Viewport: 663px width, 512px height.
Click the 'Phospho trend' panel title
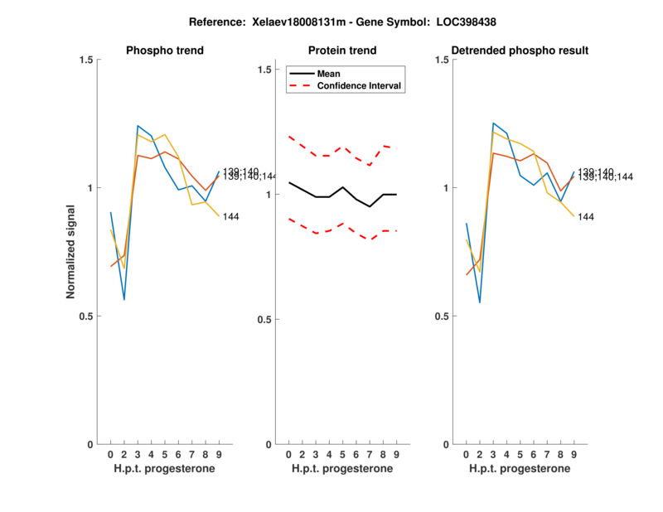(164, 51)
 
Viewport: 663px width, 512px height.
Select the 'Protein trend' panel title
(342, 51)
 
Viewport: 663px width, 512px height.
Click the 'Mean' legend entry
(328, 74)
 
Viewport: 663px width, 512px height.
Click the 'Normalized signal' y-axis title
(73, 252)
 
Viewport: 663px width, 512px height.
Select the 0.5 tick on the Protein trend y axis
(265, 320)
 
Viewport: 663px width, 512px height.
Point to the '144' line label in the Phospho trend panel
(231, 216)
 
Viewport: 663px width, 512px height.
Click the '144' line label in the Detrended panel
(587, 217)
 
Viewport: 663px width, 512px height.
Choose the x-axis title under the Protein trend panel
(342, 469)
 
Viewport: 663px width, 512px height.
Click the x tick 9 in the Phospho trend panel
(219, 455)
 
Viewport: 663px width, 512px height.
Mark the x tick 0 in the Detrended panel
(467, 455)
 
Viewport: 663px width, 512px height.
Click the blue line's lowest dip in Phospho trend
(123, 299)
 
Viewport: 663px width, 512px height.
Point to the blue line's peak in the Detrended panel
(493, 123)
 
